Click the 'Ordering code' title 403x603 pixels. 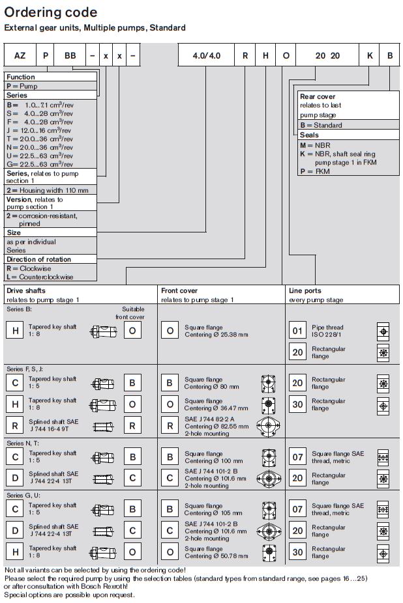[x=51, y=12]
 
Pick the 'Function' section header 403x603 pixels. [x=21, y=77]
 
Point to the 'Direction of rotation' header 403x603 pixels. [x=38, y=259]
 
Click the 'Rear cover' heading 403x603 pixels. [x=318, y=96]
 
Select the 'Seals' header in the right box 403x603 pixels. [x=310, y=135]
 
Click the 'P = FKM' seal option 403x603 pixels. [x=315, y=171]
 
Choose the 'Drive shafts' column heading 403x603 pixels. [x=25, y=290]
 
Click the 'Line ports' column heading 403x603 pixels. [x=305, y=290]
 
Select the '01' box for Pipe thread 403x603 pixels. [x=297, y=331]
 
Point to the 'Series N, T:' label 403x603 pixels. [x=23, y=443]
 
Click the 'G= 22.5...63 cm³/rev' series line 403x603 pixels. [x=38, y=164]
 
